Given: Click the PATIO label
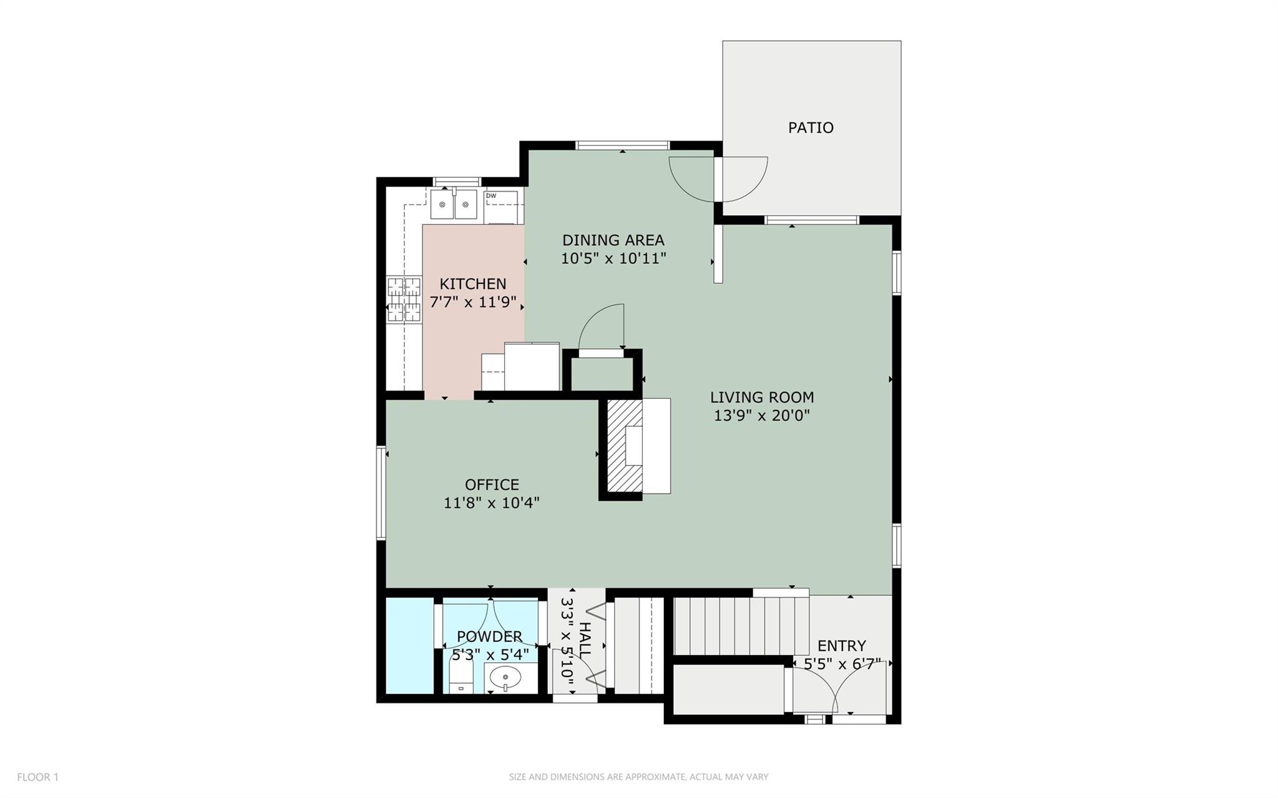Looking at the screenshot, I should click(810, 128).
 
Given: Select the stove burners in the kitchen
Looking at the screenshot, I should click(404, 299).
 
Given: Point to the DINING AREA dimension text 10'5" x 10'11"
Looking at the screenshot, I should click(613, 258).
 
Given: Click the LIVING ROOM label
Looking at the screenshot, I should click(761, 397).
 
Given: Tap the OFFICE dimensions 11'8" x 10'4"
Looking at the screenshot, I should click(491, 503).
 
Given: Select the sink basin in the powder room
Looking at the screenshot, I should click(505, 676).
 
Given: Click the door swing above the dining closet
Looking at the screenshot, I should click(603, 328).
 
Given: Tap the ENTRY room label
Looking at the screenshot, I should click(841, 646).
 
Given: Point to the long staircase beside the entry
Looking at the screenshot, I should click(741, 625).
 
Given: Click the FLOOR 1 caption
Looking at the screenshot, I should click(37, 777).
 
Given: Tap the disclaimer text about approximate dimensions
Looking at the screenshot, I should click(638, 777).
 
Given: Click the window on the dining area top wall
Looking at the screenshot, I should click(622, 145).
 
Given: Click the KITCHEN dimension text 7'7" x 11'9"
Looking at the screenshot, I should click(473, 303).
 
